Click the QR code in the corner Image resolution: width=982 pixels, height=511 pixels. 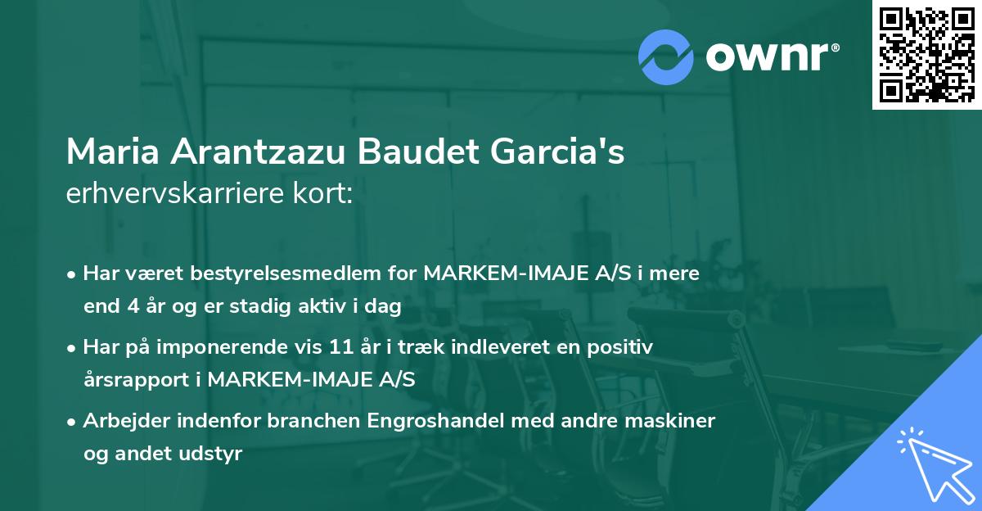click(x=926, y=54)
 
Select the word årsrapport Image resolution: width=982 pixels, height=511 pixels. click(x=139, y=380)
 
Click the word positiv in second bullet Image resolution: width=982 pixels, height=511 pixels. click(x=624, y=347)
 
